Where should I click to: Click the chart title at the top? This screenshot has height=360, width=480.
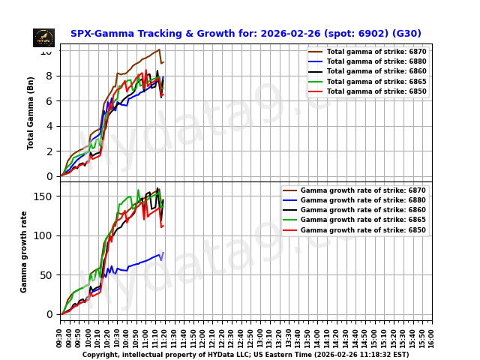245,34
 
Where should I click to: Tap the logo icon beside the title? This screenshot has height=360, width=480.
43,37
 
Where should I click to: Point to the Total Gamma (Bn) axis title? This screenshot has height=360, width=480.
31,112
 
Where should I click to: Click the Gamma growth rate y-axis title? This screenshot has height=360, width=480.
25,251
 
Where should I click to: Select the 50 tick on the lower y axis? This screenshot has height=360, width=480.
46,275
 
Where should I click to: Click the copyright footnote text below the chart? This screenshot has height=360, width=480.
245,355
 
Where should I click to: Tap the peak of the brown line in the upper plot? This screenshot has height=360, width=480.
159,49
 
